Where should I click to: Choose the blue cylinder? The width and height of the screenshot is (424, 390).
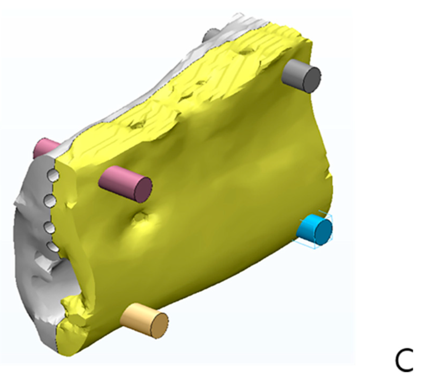315,230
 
